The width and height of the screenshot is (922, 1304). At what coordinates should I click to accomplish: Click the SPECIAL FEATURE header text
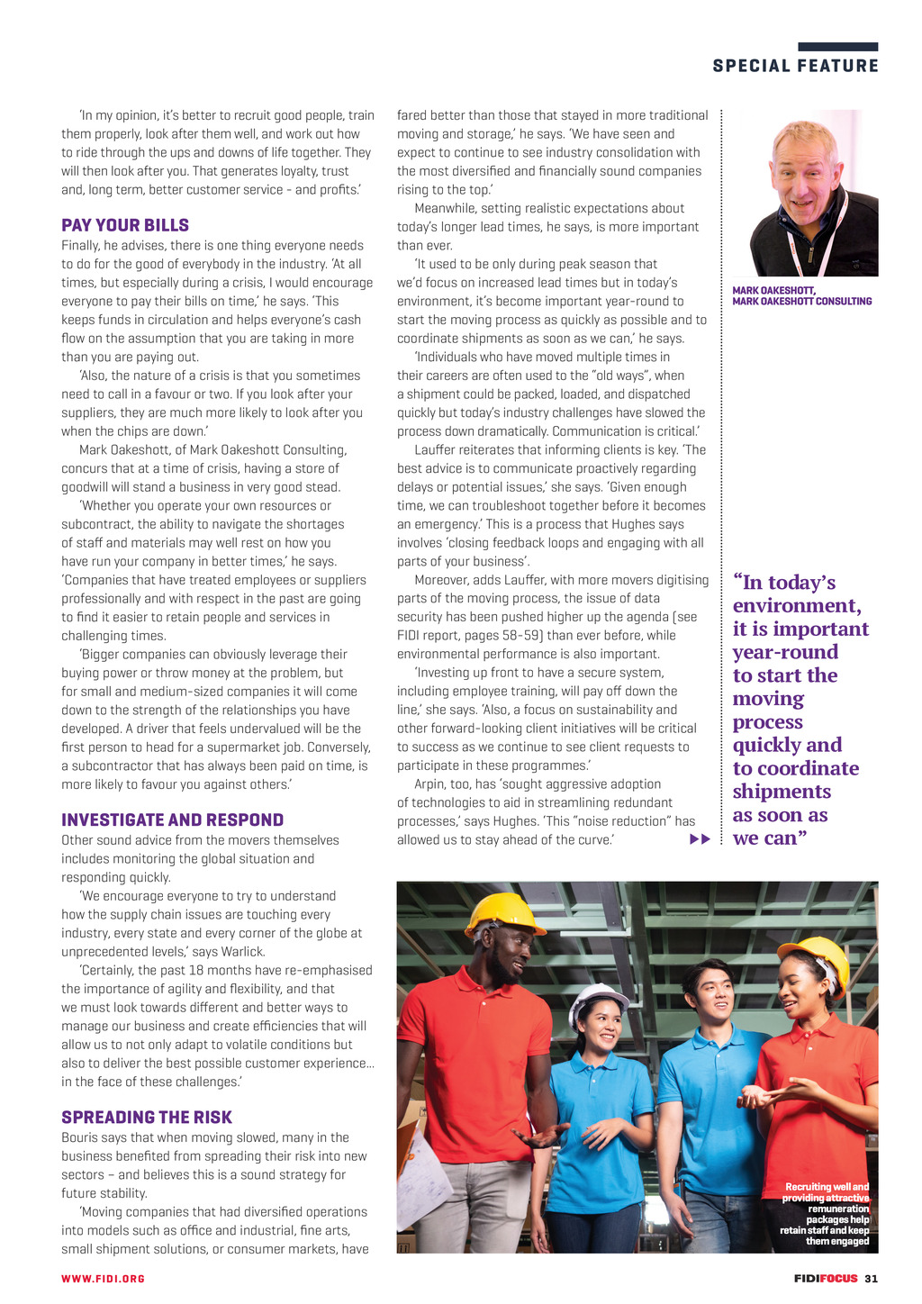click(x=795, y=66)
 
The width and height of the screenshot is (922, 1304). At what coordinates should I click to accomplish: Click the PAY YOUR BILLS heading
click(x=125, y=225)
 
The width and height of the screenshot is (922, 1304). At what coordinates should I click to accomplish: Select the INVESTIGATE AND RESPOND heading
click(x=172, y=820)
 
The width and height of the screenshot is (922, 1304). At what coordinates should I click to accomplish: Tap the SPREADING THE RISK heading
click(x=147, y=1117)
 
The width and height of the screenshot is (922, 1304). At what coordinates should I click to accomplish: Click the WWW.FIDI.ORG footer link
click(x=103, y=1279)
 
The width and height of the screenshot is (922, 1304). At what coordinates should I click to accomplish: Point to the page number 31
click(x=871, y=1279)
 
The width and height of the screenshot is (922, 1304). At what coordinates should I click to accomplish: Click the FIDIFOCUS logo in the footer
click(x=825, y=1279)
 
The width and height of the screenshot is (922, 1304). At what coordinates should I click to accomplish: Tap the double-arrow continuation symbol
click(x=700, y=839)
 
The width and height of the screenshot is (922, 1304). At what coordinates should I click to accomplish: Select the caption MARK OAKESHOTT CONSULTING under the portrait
click(x=801, y=302)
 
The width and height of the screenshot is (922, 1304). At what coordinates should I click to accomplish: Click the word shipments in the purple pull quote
click(x=782, y=792)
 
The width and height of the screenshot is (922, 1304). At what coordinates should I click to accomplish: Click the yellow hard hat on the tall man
click(x=505, y=914)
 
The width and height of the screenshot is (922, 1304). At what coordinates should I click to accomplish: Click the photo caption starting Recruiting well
click(x=826, y=1213)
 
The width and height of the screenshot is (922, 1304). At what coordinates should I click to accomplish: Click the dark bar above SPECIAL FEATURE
click(x=837, y=47)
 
